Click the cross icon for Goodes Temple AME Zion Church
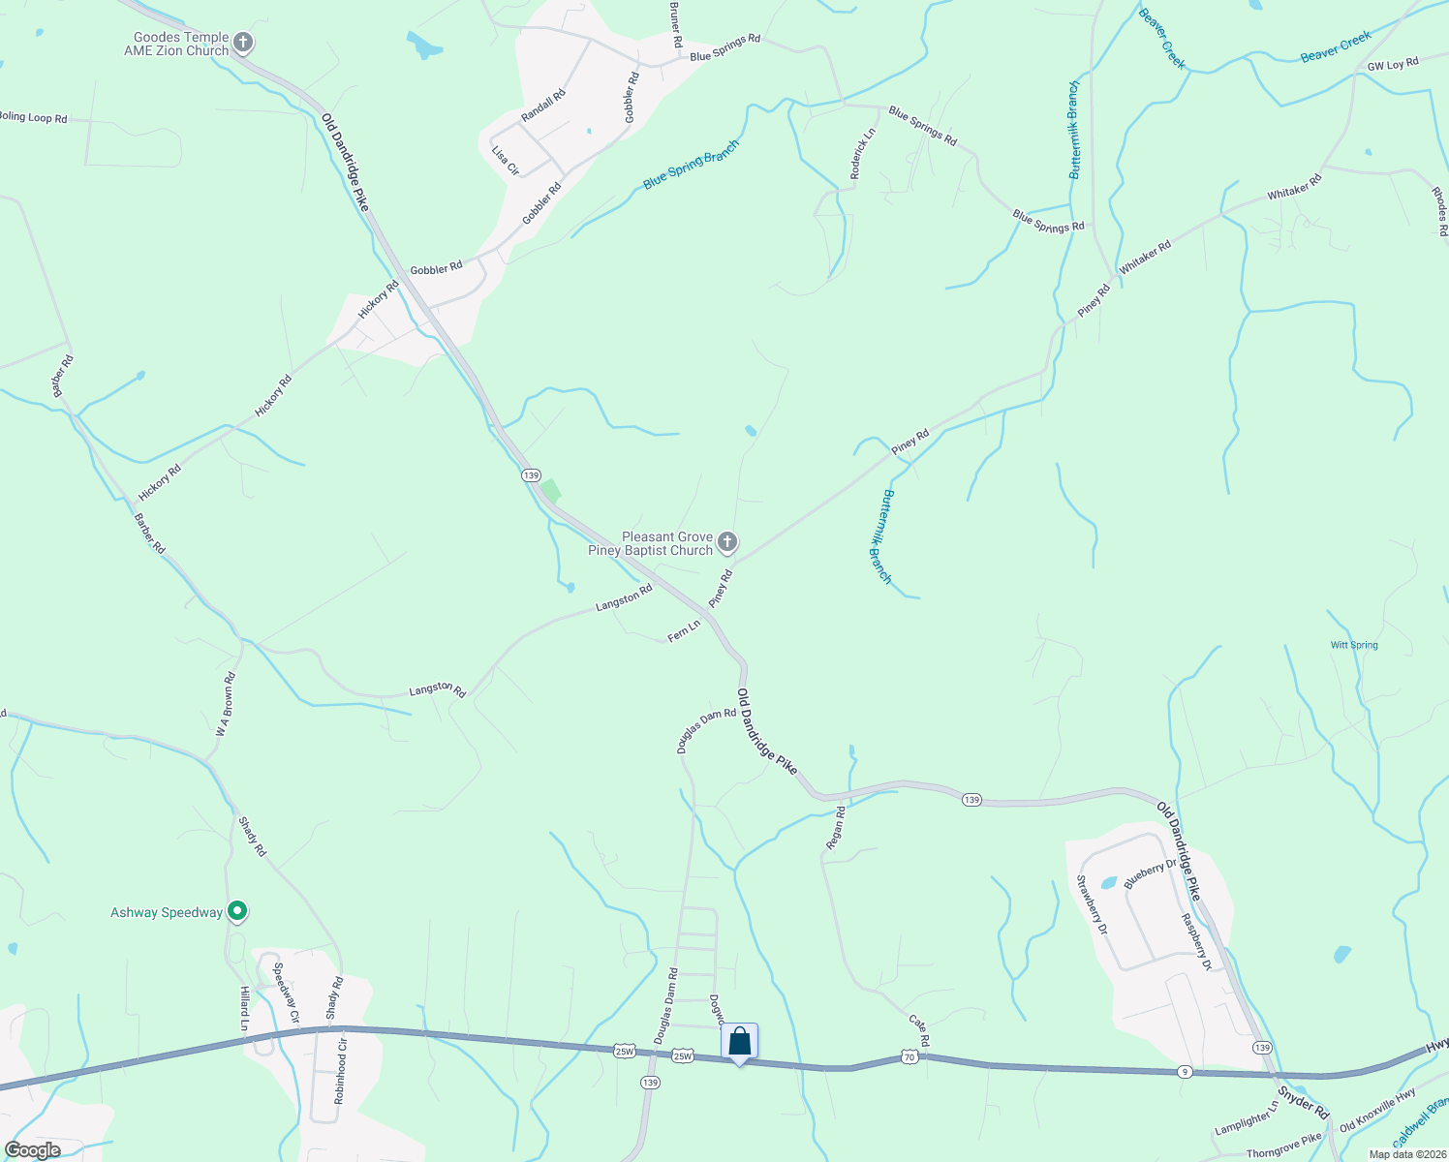coord(243,43)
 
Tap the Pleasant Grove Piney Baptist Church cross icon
coord(727,542)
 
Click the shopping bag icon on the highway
coord(739,1042)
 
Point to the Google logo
coord(33,1150)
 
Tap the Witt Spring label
coord(1354,645)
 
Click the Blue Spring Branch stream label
coord(691,165)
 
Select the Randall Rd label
coord(542,106)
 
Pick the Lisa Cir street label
coord(506,161)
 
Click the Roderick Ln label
coord(863,153)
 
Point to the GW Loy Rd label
coord(1393,65)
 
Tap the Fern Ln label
coord(684,631)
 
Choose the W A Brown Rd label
coord(226,705)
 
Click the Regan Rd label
coord(836,828)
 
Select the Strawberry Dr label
coord(1091,904)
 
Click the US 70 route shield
coord(909,1056)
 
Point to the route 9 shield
coord(1184,1071)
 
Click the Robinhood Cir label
coord(340,1072)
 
